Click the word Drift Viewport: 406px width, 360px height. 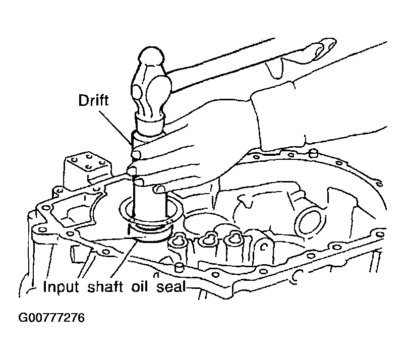click(x=93, y=100)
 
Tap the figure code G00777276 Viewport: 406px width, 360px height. click(x=51, y=318)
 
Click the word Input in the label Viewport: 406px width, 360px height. click(x=61, y=287)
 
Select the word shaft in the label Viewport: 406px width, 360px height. click(x=105, y=286)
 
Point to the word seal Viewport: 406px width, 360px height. click(x=171, y=286)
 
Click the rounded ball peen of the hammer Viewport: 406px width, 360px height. click(x=152, y=55)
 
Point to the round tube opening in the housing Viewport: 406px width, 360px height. click(x=310, y=221)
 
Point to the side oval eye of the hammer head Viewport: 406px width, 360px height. click(x=137, y=92)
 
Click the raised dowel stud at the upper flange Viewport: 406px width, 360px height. click(x=313, y=153)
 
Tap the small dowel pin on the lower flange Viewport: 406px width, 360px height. click(x=179, y=267)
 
